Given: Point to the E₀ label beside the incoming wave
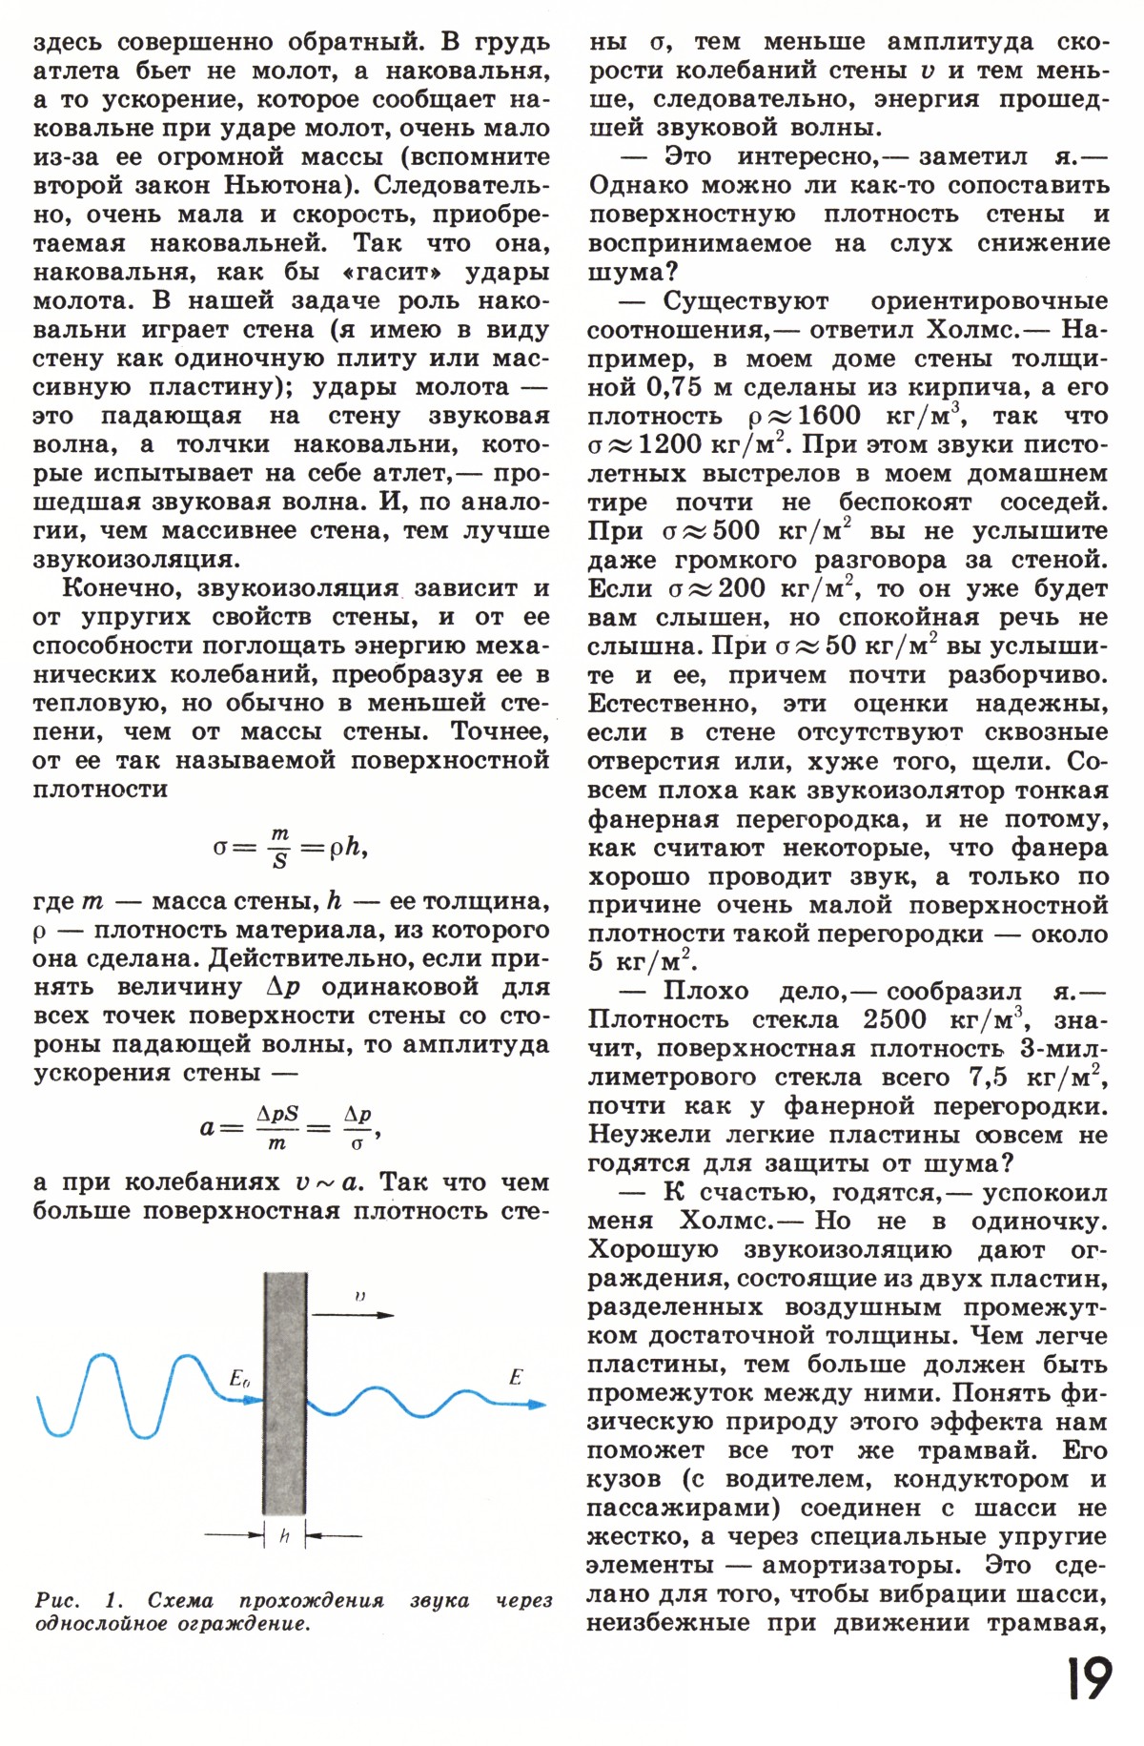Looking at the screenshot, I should tap(240, 1379).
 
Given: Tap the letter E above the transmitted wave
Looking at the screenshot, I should tap(516, 1377).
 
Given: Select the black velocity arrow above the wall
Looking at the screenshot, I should tap(353, 1314).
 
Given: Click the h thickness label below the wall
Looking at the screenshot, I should tap(284, 1536).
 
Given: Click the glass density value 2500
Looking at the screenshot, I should tap(894, 1019).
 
